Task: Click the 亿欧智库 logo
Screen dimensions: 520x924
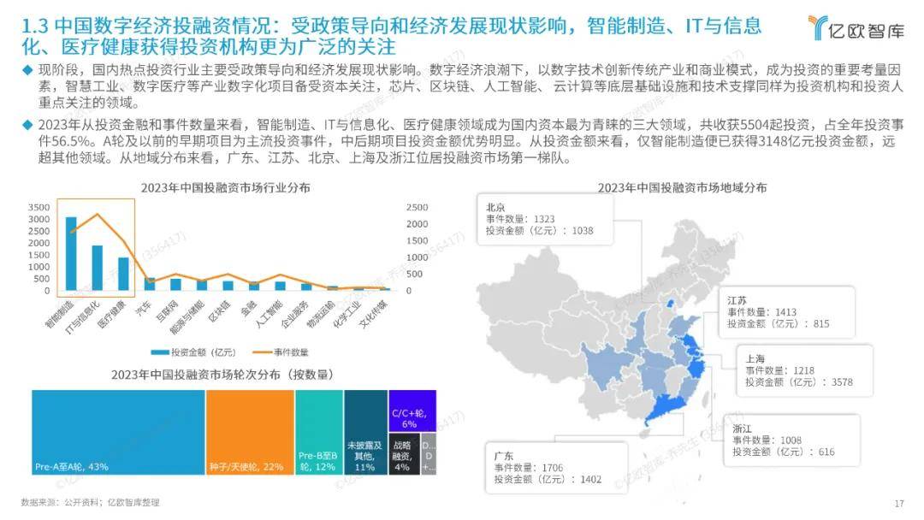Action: point(856,28)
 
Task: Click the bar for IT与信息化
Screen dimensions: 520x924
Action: point(98,269)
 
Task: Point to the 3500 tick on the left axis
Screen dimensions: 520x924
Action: point(39,208)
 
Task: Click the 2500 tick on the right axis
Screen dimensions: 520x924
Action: point(417,208)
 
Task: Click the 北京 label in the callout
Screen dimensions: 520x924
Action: point(495,207)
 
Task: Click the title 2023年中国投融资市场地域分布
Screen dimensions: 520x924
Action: point(682,187)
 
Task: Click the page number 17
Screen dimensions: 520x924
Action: point(898,503)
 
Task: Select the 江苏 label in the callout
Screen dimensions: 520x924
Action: point(737,301)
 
